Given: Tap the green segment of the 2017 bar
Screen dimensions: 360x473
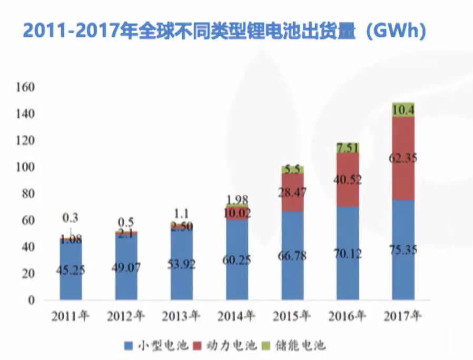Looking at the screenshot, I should click(x=403, y=109).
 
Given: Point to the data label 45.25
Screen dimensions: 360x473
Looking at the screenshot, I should click(x=71, y=271).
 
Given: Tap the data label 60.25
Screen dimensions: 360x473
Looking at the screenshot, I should click(x=237, y=259).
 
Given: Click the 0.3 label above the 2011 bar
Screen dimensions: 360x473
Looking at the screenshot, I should click(x=71, y=217).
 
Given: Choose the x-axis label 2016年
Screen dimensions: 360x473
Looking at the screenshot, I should click(x=348, y=316).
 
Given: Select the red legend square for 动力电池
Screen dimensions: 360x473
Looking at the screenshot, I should click(x=199, y=346).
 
